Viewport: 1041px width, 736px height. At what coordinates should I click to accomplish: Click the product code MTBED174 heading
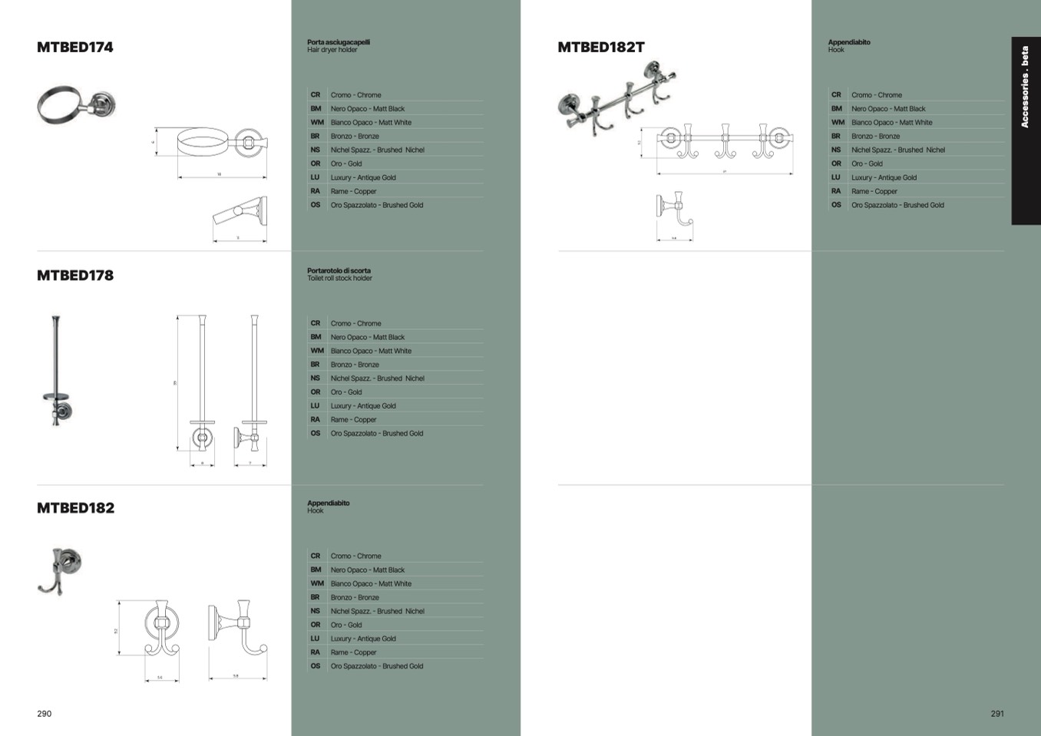tap(75, 47)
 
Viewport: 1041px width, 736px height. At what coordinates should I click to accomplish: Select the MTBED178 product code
tap(75, 276)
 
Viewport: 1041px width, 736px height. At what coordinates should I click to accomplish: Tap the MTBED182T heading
tap(601, 47)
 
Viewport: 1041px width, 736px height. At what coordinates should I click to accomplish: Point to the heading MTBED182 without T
tap(75, 508)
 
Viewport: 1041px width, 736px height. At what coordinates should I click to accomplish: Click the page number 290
tap(45, 714)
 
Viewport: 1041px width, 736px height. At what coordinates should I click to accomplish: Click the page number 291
tap(997, 714)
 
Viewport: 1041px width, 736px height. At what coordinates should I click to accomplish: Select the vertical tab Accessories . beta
tap(1025, 87)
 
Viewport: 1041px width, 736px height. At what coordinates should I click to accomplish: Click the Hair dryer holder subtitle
tap(332, 50)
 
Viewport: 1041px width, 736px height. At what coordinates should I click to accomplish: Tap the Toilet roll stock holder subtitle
tap(339, 279)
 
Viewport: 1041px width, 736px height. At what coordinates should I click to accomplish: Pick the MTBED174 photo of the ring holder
tap(75, 105)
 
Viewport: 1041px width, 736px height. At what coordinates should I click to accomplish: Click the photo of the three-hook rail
tap(617, 97)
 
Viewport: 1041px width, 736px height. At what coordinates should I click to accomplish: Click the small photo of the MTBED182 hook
tap(60, 570)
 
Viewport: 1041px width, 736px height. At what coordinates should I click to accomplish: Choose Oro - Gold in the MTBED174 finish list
tap(346, 163)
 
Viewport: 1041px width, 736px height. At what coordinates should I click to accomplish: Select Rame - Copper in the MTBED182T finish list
tap(874, 191)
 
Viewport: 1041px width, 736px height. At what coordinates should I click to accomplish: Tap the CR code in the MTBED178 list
tap(316, 323)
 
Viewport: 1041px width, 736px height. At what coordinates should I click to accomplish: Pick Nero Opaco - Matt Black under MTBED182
tap(367, 569)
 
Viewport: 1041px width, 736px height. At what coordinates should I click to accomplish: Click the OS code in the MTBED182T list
tap(836, 205)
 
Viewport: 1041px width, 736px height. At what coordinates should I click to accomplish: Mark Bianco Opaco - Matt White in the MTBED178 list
tap(371, 351)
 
